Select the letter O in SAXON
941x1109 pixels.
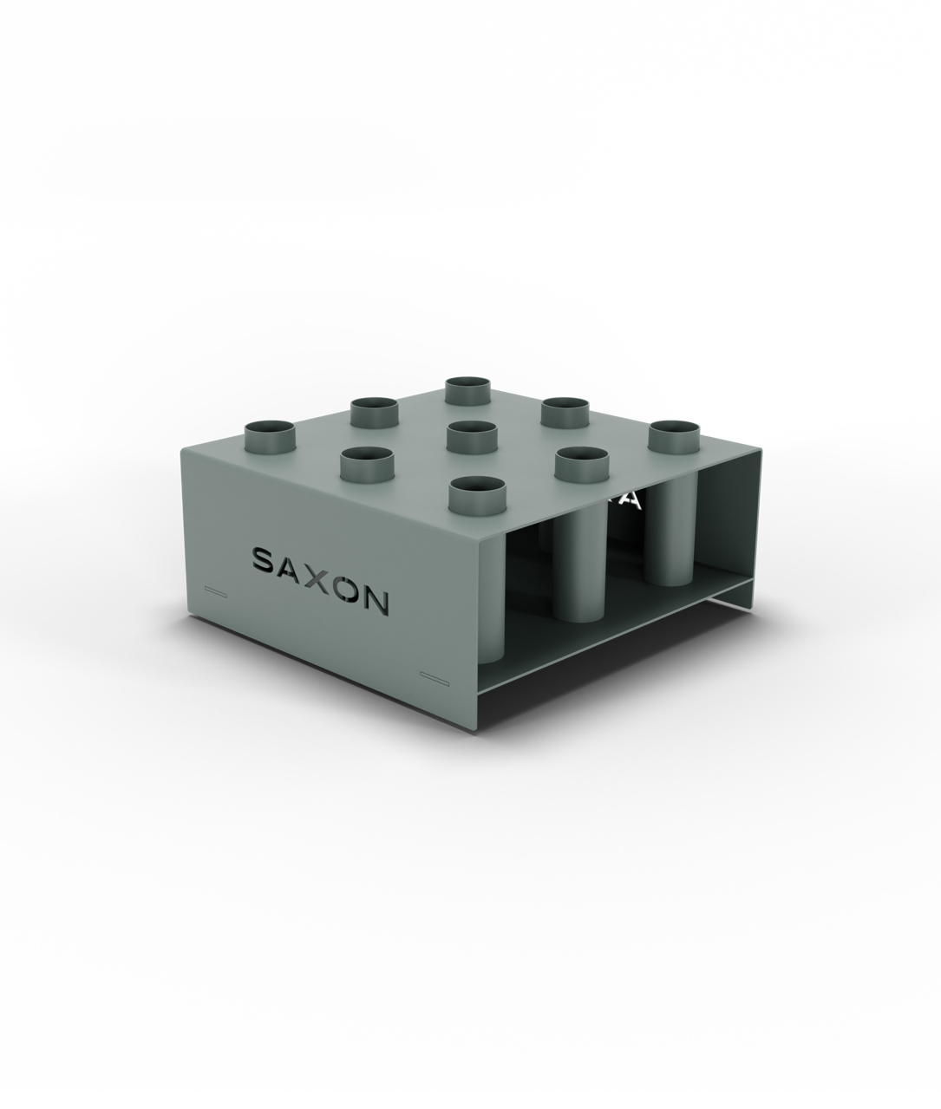coord(346,589)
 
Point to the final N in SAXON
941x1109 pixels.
coord(376,601)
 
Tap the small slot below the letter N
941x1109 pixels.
coord(431,674)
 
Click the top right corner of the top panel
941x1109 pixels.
coord(762,452)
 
